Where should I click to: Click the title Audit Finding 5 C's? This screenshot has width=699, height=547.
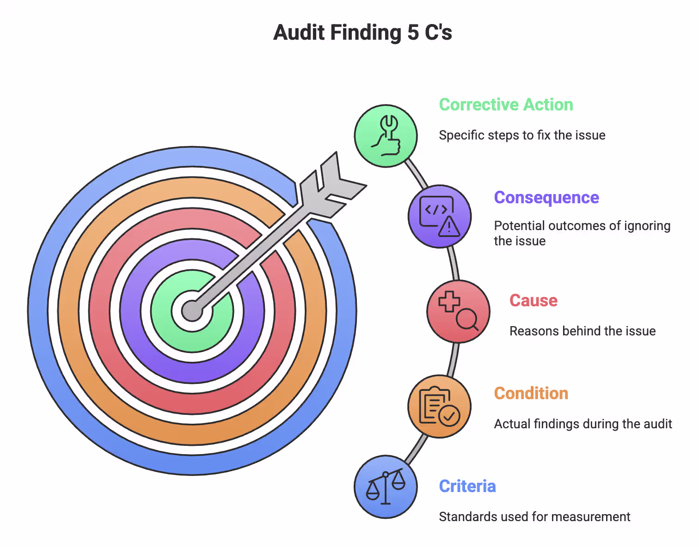click(362, 33)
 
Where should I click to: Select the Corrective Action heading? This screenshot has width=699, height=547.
click(506, 105)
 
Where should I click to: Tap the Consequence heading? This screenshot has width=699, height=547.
click(546, 198)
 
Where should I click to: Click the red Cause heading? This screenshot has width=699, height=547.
click(533, 301)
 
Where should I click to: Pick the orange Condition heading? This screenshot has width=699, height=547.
click(531, 394)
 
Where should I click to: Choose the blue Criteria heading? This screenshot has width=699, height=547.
click(467, 486)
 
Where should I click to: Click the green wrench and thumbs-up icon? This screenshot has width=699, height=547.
click(386, 136)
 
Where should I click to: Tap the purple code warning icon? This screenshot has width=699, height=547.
click(440, 216)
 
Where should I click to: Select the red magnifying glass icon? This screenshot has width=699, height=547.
click(458, 311)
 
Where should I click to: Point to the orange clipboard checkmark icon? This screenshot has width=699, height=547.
click(439, 407)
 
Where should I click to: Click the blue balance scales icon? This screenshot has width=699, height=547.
click(386, 487)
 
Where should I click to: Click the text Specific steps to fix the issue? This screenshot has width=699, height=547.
click(521, 135)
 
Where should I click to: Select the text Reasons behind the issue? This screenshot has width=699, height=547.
click(582, 331)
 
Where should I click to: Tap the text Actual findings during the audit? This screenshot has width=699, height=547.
click(582, 424)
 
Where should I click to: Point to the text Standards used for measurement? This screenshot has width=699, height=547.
click(534, 517)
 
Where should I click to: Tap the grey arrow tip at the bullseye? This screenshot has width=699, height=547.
click(192, 310)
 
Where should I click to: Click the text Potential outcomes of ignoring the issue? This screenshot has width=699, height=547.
click(582, 233)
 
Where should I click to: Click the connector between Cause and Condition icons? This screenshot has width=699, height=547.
click(454, 359)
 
